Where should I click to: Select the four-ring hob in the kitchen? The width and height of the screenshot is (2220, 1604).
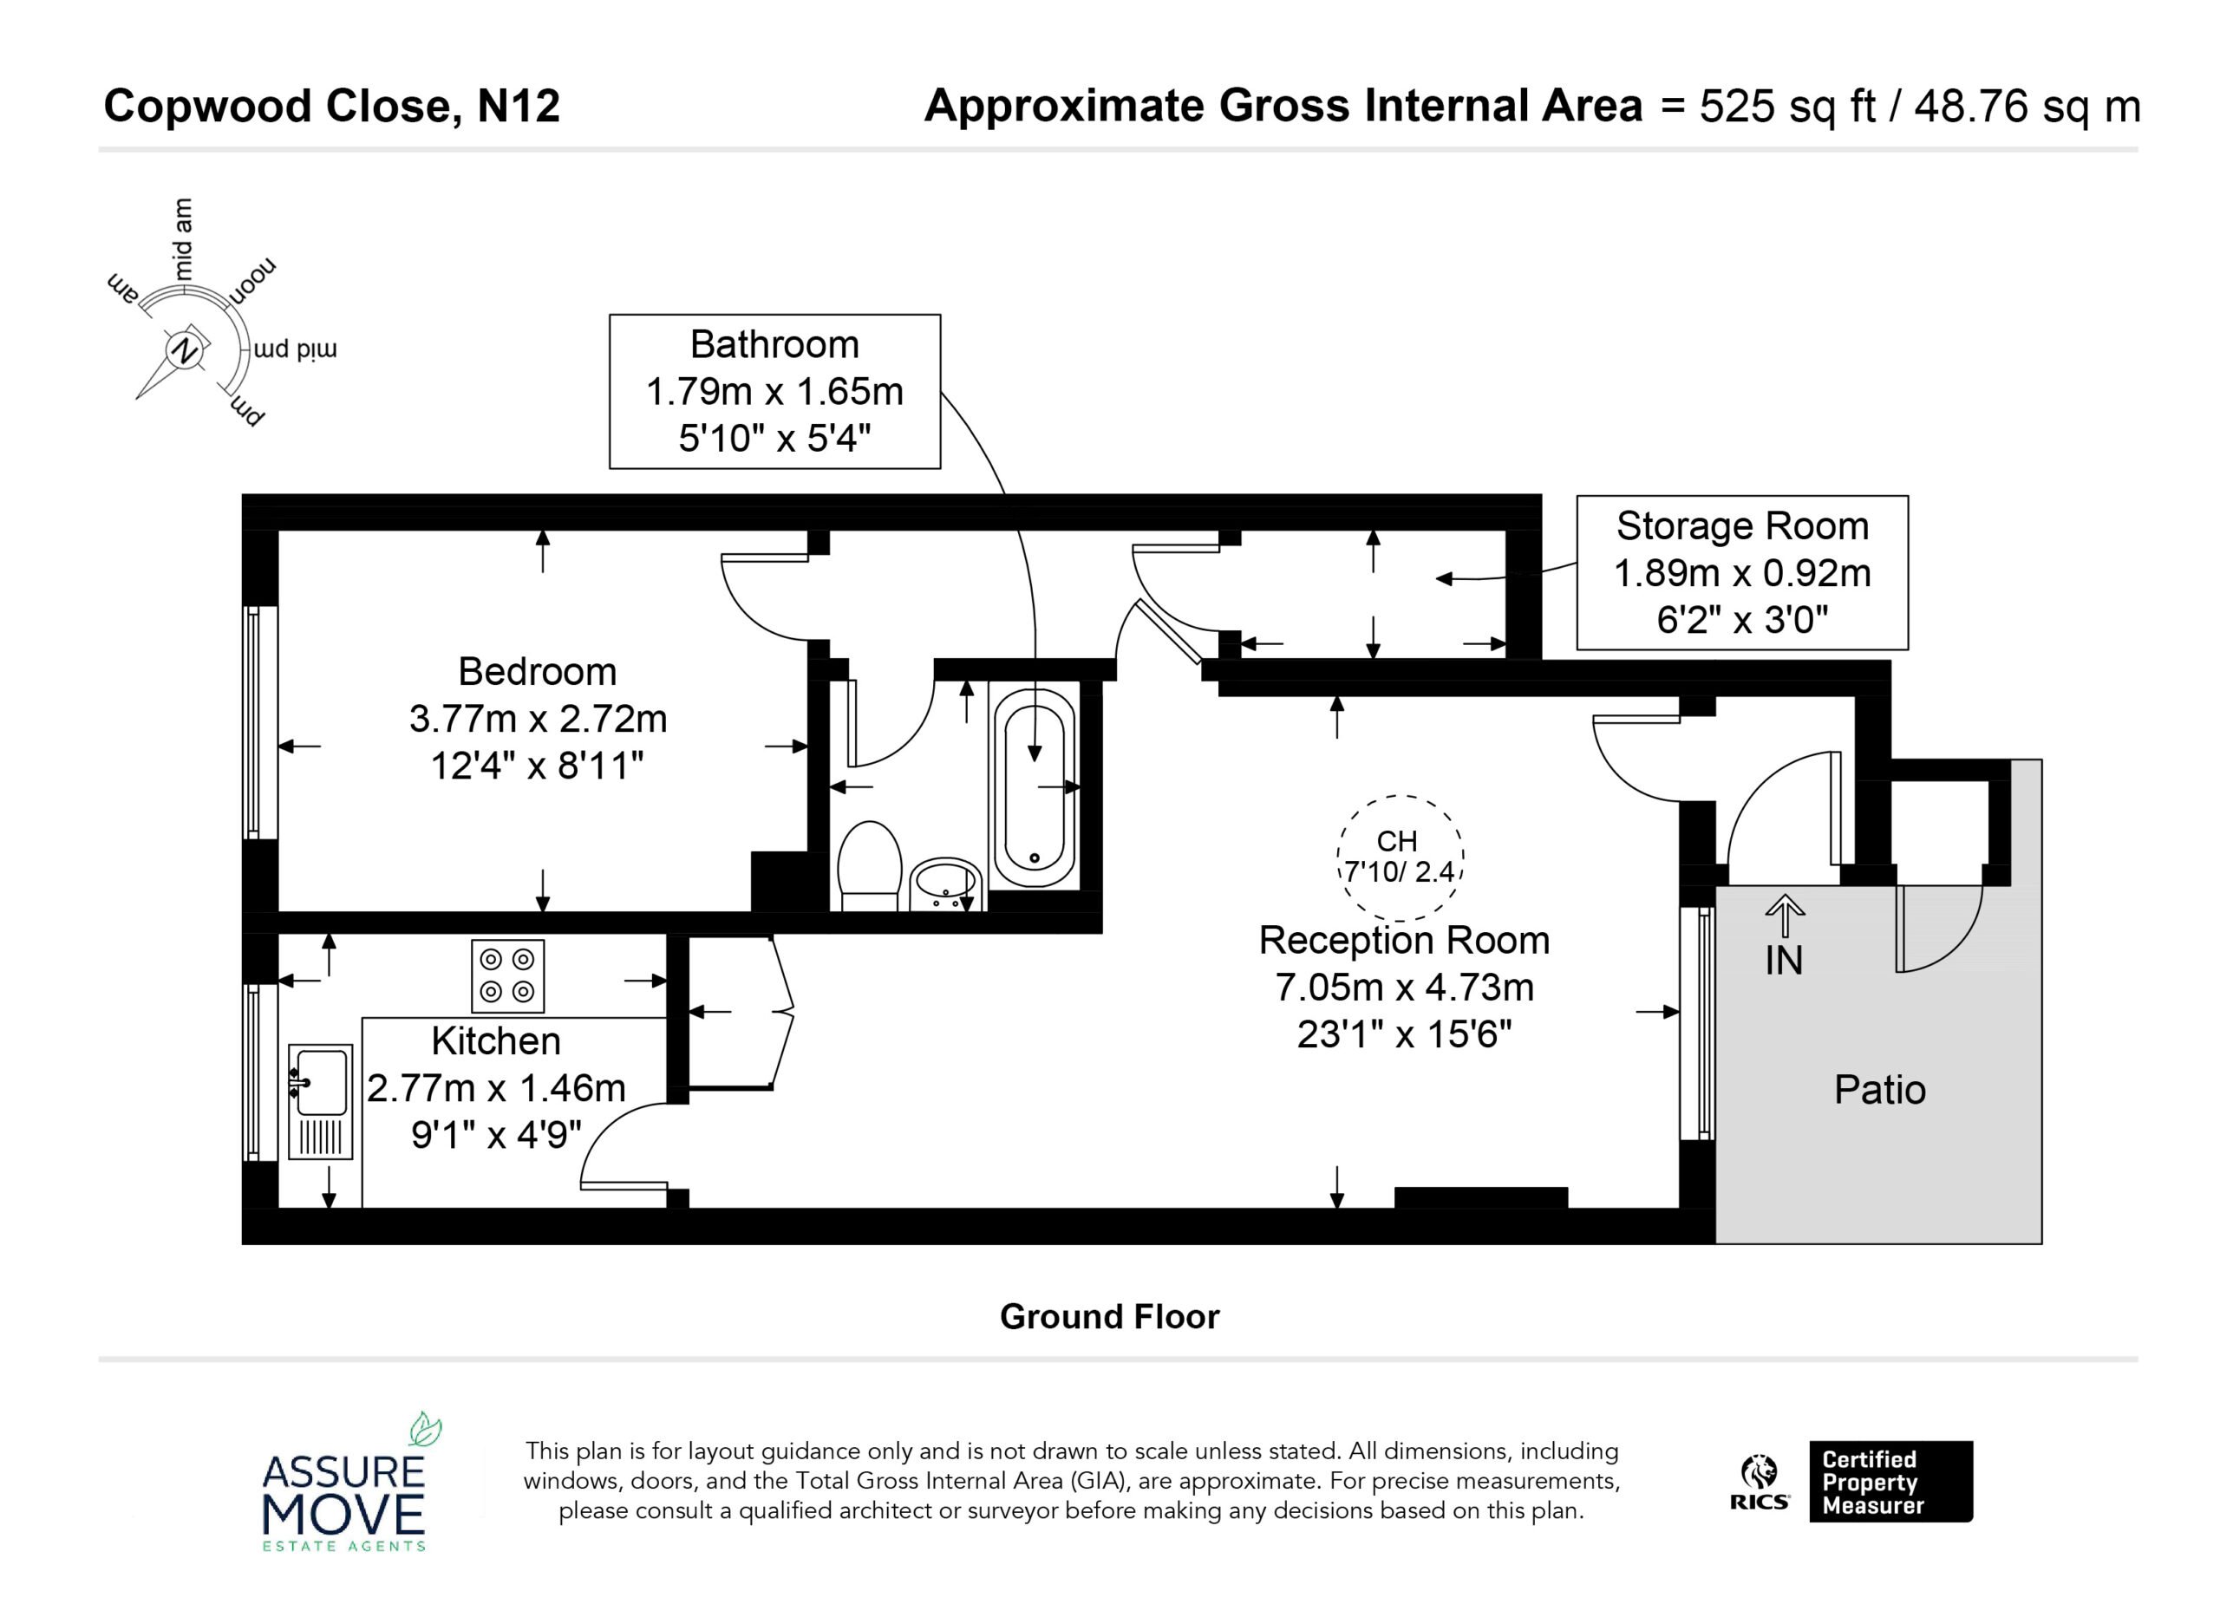(508, 975)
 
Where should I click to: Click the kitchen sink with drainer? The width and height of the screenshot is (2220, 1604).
(320, 1101)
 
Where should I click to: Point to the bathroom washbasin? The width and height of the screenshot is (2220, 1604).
(945, 884)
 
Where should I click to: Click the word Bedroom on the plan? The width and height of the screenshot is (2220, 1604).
(538, 671)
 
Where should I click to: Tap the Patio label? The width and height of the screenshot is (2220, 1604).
(1879, 1089)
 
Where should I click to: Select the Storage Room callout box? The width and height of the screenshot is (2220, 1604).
(1742, 572)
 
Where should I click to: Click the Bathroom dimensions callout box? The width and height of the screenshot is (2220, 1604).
(774, 391)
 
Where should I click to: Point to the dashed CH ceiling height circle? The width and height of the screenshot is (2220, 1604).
(1400, 857)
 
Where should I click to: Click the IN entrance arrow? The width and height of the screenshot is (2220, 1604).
(1785, 918)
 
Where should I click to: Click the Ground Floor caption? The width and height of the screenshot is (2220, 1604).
(1109, 1316)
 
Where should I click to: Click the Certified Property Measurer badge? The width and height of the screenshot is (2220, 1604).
(1890, 1482)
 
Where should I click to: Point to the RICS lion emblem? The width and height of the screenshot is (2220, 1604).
(1758, 1470)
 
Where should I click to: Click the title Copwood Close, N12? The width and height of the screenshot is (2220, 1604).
(332, 106)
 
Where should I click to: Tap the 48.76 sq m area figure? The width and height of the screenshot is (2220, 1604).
(2027, 106)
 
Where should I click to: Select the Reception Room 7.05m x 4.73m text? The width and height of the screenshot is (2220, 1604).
(1405, 964)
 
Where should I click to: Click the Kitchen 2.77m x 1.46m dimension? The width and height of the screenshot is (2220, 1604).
(496, 1065)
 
